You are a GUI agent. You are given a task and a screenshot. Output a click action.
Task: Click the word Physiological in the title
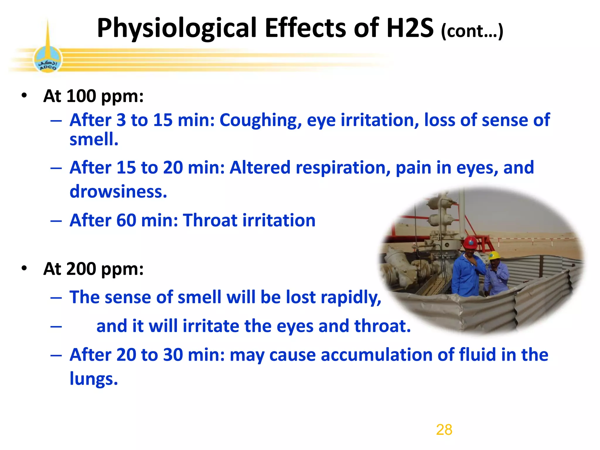(x=177, y=28)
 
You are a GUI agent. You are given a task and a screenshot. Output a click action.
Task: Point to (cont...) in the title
(x=472, y=31)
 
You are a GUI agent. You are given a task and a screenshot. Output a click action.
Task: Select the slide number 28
(x=444, y=430)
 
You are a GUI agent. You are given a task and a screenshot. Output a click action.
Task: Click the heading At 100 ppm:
(x=93, y=96)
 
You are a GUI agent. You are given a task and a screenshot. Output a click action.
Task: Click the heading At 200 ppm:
(x=93, y=269)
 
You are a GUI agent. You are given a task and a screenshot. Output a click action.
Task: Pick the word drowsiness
(x=118, y=192)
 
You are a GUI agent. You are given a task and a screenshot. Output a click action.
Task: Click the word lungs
(x=93, y=379)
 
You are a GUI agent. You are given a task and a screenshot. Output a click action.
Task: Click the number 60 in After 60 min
(x=126, y=220)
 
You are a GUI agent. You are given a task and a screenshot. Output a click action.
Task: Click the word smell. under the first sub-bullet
(x=94, y=139)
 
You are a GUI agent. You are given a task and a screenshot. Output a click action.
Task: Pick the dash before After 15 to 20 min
(x=56, y=168)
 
